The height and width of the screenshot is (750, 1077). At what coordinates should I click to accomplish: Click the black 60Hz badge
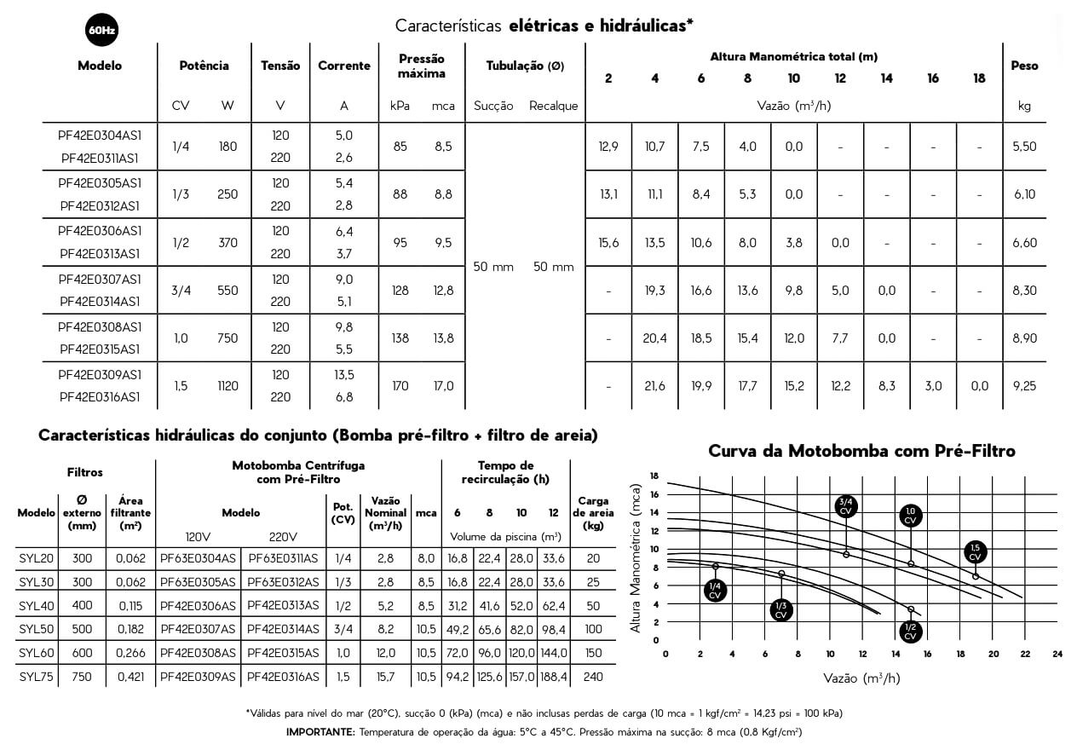(101, 31)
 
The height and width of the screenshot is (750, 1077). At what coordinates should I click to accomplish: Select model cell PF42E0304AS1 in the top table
(100, 136)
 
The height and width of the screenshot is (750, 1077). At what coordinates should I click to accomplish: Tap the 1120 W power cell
(227, 386)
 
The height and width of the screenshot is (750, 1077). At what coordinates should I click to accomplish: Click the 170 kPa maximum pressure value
(400, 386)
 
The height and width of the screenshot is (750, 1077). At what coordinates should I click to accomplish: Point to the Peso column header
(1024, 66)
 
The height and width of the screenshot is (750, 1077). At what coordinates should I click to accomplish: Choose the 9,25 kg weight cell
(1024, 386)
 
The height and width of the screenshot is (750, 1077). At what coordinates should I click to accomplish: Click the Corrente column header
(344, 66)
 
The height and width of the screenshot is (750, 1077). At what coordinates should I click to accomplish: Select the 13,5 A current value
(344, 375)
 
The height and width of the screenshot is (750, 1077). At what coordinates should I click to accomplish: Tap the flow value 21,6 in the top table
(654, 386)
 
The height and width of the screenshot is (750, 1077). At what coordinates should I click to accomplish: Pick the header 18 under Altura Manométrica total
(979, 78)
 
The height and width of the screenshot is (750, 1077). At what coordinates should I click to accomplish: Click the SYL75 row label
(36, 677)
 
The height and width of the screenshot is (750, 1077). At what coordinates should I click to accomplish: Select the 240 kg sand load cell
(593, 677)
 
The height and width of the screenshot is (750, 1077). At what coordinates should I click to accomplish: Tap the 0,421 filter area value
(131, 677)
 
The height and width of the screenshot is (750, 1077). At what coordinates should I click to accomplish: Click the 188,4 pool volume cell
(554, 677)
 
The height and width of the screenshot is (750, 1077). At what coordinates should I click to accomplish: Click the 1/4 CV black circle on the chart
(716, 590)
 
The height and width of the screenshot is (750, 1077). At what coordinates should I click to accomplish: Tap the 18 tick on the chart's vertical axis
(654, 476)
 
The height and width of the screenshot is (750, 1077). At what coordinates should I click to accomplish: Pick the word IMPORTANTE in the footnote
(320, 732)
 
